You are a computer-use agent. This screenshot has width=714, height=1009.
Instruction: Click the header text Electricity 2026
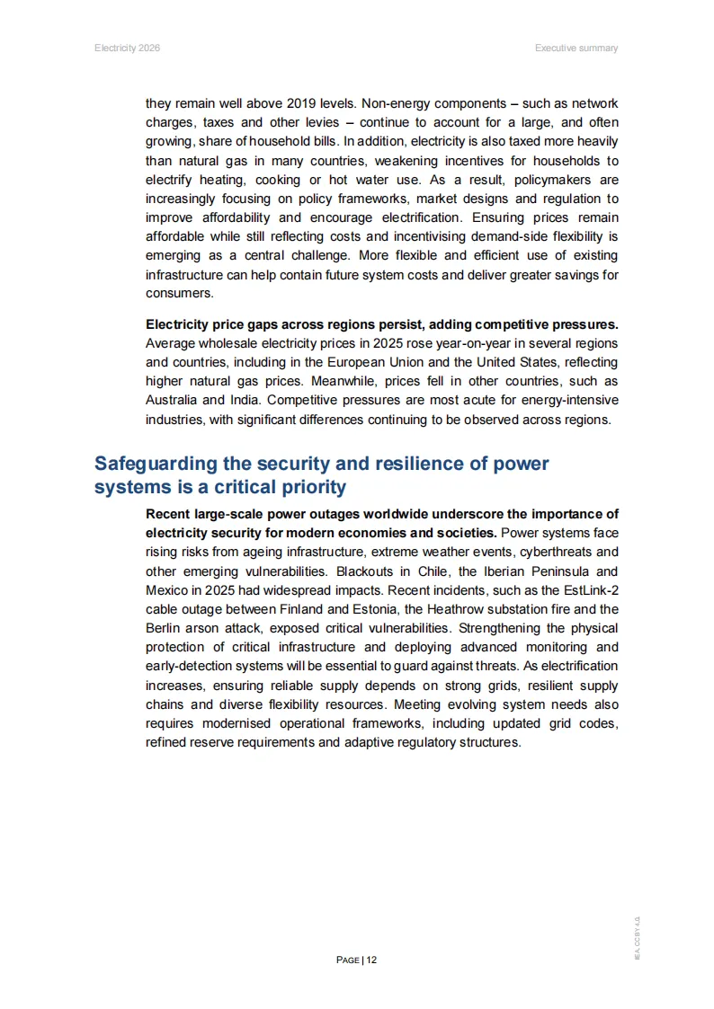[127, 48]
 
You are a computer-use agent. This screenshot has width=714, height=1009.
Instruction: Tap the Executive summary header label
[576, 48]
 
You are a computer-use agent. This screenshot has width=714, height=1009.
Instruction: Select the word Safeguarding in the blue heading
[156, 464]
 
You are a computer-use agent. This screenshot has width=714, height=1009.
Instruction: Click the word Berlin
[163, 628]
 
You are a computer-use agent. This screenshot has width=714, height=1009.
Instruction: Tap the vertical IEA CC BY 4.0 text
[637, 938]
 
